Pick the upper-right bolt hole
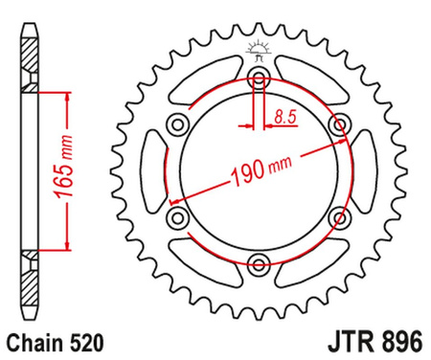coord(338,125)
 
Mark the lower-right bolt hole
coord(338,218)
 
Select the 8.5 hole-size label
coord(284,118)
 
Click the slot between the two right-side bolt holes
coord(363,172)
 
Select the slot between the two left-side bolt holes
coord(153,172)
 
